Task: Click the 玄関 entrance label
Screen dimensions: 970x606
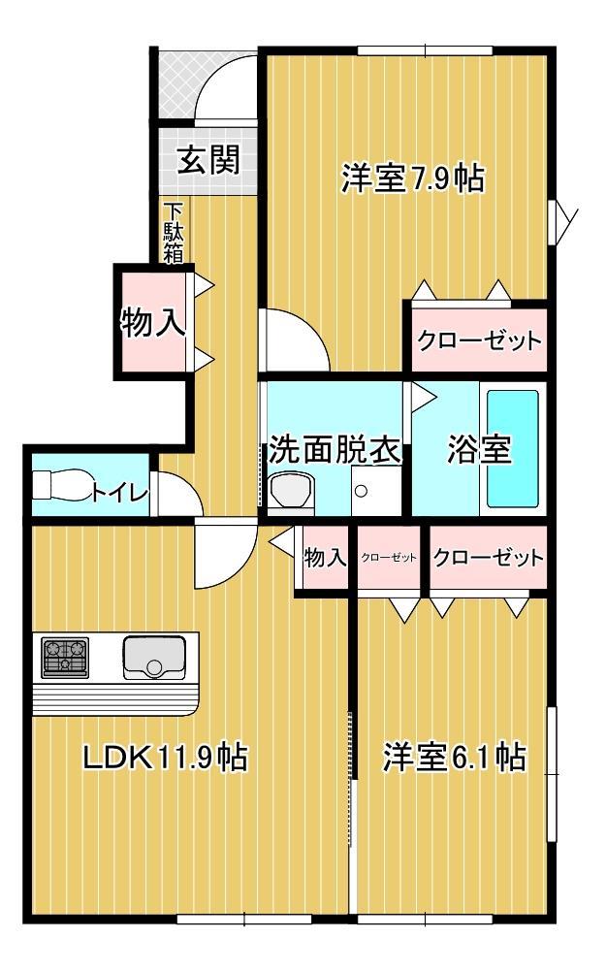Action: pyautogui.click(x=207, y=158)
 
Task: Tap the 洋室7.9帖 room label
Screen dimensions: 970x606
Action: pyautogui.click(x=411, y=179)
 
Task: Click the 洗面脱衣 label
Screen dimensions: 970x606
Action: pyautogui.click(x=335, y=450)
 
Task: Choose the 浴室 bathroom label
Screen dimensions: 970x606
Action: pyautogui.click(x=478, y=450)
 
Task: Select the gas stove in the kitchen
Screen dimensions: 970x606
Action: pyautogui.click(x=65, y=657)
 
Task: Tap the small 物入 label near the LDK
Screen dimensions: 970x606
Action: pyautogui.click(x=325, y=558)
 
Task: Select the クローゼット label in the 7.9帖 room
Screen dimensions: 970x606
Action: pyautogui.click(x=478, y=340)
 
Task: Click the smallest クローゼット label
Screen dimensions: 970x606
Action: pyautogui.click(x=389, y=558)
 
